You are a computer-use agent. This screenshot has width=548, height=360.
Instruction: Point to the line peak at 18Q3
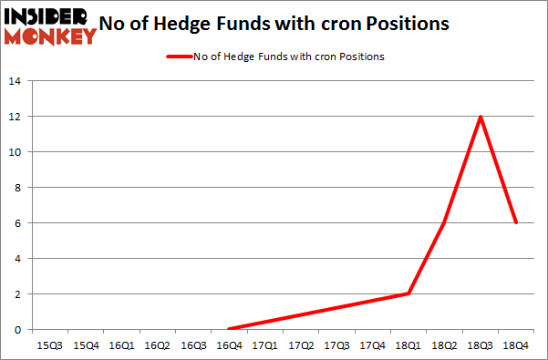tap(480, 117)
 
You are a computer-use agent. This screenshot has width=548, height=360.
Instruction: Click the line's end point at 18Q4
tap(516, 223)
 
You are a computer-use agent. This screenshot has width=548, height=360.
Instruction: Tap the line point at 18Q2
tap(444, 223)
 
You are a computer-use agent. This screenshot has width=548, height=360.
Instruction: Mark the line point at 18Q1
tap(408, 294)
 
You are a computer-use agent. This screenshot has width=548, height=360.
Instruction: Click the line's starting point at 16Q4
tap(229, 329)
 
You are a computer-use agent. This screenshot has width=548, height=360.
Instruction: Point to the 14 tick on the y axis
tap(16, 81)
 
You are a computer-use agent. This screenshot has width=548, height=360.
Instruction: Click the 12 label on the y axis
tap(16, 117)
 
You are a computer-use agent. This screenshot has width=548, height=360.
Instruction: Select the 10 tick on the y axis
tap(16, 152)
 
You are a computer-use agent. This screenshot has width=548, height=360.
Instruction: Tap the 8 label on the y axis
tap(18, 188)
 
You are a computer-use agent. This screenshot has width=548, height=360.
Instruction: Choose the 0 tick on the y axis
tap(18, 330)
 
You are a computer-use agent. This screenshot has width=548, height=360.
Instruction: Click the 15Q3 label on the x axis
tap(49, 345)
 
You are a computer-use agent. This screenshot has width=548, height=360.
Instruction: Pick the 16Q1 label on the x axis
tap(121, 345)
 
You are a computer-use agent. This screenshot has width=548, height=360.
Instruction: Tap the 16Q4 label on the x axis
tap(229, 345)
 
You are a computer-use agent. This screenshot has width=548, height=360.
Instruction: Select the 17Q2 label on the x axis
tap(301, 345)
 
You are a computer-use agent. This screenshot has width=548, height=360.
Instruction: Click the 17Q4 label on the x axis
tap(372, 345)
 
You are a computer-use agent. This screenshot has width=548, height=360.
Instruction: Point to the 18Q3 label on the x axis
tap(480, 345)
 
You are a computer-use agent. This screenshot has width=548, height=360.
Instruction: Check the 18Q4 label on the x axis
tap(516, 345)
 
